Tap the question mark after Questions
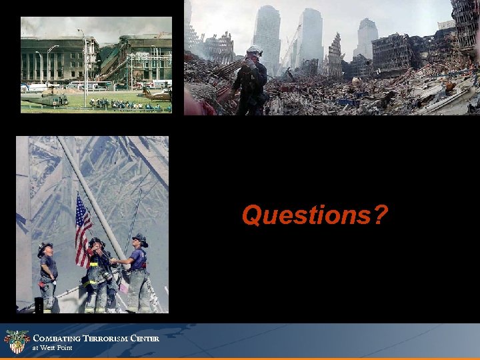click(380, 215)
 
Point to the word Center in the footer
click(145, 339)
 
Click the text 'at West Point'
click(53, 348)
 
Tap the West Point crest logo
click(17, 341)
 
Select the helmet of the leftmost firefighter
click(45, 246)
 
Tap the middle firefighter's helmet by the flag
click(97, 241)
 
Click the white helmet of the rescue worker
click(254, 50)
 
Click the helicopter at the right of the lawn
click(157, 95)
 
